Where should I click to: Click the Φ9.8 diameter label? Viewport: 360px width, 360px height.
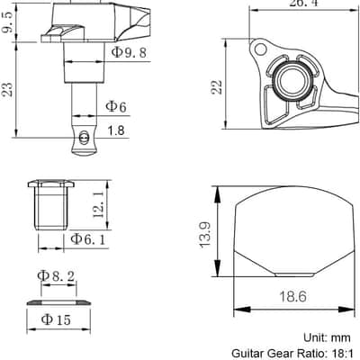click(x=129, y=52)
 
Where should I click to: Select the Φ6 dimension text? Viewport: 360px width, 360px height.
click(x=116, y=106)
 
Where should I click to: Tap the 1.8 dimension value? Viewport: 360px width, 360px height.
click(x=116, y=130)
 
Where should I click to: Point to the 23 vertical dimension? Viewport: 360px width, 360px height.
click(x=7, y=89)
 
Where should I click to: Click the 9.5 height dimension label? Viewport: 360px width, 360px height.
click(x=8, y=22)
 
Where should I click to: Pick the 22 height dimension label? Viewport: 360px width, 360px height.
click(x=217, y=87)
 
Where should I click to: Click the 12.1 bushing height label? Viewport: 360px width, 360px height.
click(x=98, y=205)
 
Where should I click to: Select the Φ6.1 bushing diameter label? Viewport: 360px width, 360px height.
click(x=88, y=239)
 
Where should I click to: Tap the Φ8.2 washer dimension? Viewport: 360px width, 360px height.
click(x=56, y=276)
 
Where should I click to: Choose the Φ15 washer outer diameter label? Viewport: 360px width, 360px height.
click(x=56, y=319)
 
